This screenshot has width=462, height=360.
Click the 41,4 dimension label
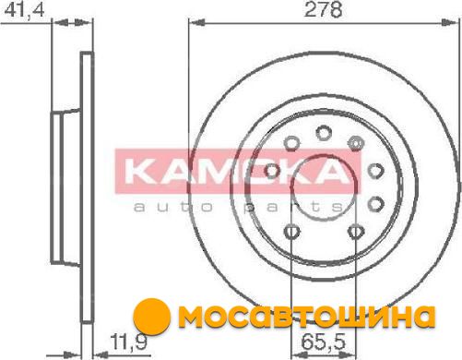[x=25, y=10]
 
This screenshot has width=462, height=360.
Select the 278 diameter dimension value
[x=323, y=9]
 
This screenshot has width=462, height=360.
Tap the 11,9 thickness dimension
[x=129, y=342]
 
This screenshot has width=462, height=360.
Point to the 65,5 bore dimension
[x=324, y=342]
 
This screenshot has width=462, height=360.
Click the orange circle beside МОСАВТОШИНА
[x=151, y=317]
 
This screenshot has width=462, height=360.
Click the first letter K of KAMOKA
[x=140, y=172]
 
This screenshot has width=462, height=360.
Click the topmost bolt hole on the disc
[x=324, y=133]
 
